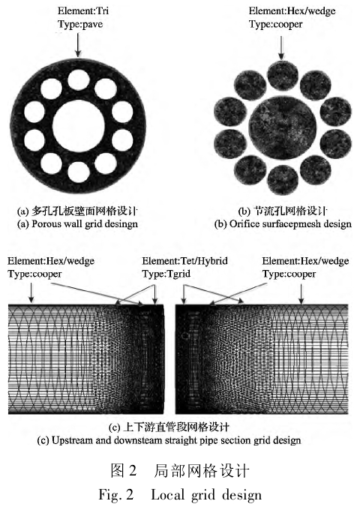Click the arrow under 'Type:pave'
[77, 44]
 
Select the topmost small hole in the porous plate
[79, 79]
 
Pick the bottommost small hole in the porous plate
[79, 172]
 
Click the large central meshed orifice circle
[282, 127]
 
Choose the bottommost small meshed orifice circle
[282, 180]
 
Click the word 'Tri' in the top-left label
[102, 10]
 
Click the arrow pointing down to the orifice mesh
[282, 48]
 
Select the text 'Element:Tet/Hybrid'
[184, 261]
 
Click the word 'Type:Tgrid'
[166, 274]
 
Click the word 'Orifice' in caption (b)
[244, 223]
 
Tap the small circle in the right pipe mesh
[184, 335]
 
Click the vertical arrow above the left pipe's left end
[31, 292]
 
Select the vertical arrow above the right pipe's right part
[301, 294]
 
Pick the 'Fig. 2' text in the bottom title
[116, 495]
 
